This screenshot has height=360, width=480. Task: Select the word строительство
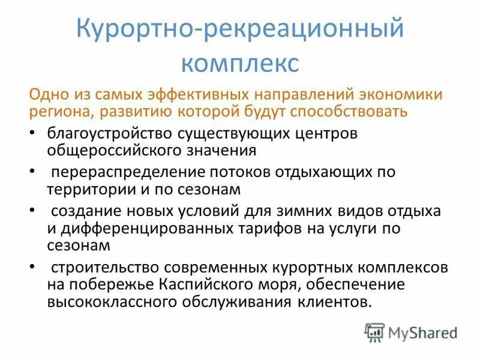[x=109, y=267]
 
